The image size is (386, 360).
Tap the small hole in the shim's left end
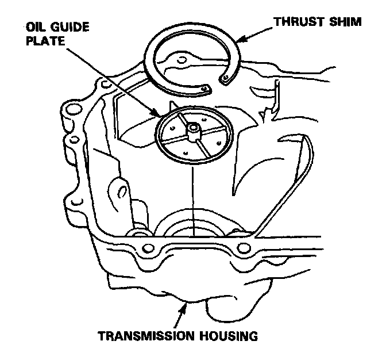click(x=205, y=87)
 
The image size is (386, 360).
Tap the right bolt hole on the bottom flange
click(x=244, y=248)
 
